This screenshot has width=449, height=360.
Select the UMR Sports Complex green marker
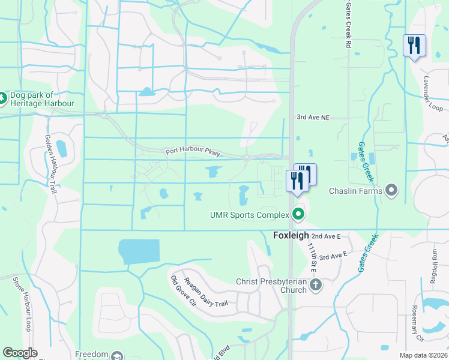(298, 214)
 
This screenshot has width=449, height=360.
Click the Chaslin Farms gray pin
(392, 191)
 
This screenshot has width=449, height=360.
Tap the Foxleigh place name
(291, 236)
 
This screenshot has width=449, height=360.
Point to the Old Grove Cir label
(178, 291)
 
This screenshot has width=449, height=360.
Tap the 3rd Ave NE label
(314, 118)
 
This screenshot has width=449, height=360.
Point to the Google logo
(20, 353)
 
